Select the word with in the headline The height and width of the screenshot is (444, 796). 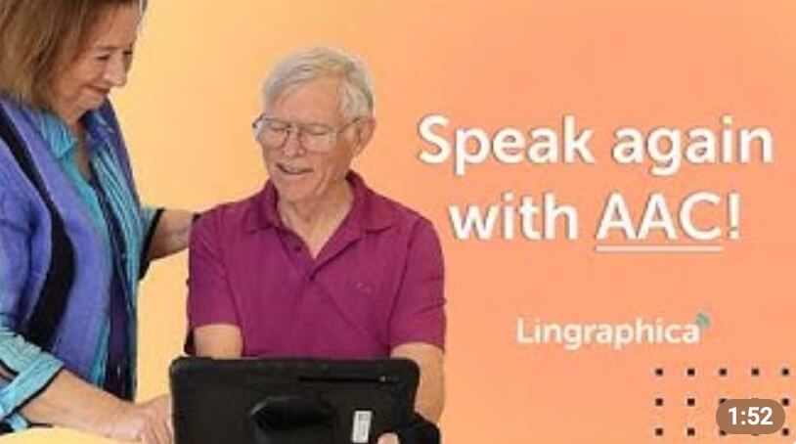pos(514,216)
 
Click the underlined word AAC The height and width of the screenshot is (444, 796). pos(659,217)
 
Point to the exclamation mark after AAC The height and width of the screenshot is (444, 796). pos(732,217)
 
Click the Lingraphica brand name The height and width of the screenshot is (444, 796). pos(608,333)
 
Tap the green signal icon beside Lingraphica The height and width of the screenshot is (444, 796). pos(704,321)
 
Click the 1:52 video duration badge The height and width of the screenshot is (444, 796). pos(750,416)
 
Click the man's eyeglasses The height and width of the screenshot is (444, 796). pos(302,133)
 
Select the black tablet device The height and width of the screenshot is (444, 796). pos(299,401)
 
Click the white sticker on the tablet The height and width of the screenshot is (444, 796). pos(362,425)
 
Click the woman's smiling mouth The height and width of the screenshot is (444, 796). pos(97,91)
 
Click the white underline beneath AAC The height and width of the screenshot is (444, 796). pos(659,248)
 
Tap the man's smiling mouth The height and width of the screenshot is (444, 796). pos(295,170)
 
